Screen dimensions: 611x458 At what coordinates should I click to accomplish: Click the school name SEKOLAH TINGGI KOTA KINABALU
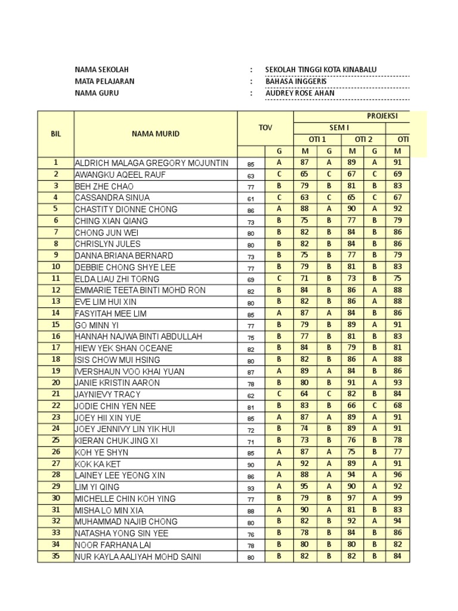tap(321, 70)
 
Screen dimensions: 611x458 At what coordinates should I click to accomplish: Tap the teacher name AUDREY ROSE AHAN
tap(300, 93)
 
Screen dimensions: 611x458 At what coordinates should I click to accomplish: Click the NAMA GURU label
tap(97, 93)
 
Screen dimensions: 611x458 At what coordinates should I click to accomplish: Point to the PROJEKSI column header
tap(382, 116)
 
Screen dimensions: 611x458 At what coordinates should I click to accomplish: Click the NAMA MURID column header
tap(155, 134)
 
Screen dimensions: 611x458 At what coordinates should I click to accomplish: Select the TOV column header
tap(265, 128)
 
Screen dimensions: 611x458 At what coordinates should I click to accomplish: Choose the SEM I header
tap(340, 128)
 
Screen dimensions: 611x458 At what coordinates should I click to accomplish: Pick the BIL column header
tap(55, 134)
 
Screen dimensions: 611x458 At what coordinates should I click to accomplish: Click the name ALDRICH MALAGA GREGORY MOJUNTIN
tap(151, 163)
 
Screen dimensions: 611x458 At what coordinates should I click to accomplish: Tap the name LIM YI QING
tap(97, 487)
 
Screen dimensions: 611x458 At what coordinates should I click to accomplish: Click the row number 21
tap(55, 394)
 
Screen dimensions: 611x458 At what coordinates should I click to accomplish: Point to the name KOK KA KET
tap(98, 464)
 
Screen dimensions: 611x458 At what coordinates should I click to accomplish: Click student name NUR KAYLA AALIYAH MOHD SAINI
tap(138, 557)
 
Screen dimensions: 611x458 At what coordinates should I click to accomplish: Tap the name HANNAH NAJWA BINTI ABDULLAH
tap(138, 337)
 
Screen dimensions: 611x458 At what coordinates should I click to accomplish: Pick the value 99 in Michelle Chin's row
tap(398, 498)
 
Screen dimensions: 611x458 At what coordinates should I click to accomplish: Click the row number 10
tap(55, 267)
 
